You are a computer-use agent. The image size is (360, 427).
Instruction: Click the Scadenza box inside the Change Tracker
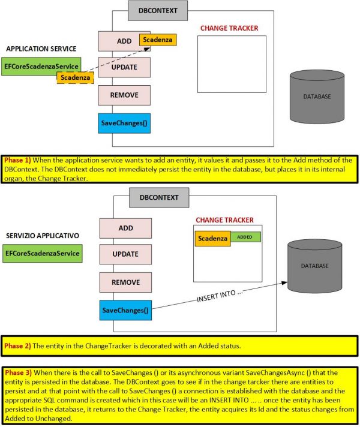[x=213, y=238]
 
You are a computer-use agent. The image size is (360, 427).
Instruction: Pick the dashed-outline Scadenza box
[x=76, y=77]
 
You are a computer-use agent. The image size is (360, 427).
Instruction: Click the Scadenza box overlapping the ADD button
[x=157, y=40]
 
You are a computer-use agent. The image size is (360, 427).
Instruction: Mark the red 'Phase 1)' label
[x=18, y=161]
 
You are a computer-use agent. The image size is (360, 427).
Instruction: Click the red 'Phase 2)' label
[x=18, y=346]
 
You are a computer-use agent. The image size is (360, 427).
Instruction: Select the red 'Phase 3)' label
[x=18, y=372]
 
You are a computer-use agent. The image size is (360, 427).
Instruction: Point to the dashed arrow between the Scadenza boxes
[x=117, y=59]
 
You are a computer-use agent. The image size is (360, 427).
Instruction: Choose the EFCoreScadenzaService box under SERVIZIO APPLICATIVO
[x=41, y=253]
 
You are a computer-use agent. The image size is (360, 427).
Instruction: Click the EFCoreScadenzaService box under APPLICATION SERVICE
[x=41, y=67]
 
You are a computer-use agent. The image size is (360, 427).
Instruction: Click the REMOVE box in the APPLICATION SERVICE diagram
[x=124, y=95]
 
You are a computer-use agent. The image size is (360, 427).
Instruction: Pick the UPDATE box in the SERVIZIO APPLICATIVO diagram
[x=124, y=254]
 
